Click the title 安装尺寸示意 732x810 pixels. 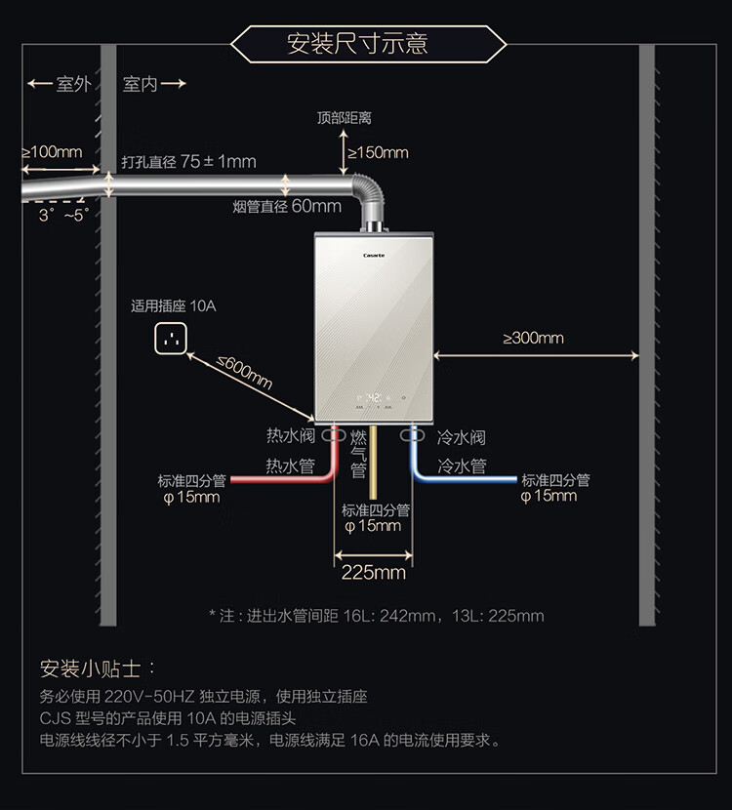[x=357, y=43]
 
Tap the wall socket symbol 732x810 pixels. [x=171, y=339]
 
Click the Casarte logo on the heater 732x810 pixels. [x=374, y=255]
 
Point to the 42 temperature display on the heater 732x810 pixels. [x=374, y=398]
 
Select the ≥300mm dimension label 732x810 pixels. [x=533, y=338]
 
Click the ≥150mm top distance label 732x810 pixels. [x=378, y=152]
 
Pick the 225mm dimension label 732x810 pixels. [x=374, y=573]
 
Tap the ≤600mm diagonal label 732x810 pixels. [x=244, y=372]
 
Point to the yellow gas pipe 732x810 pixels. [x=373, y=463]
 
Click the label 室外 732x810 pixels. [x=74, y=84]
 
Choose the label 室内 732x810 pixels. [x=140, y=84]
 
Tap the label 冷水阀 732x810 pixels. [x=462, y=437]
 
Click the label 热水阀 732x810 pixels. [x=290, y=435]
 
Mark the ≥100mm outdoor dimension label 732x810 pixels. [x=52, y=152]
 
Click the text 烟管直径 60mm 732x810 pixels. [x=287, y=206]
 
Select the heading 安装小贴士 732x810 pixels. [x=91, y=668]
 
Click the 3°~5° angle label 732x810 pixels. [x=64, y=215]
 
